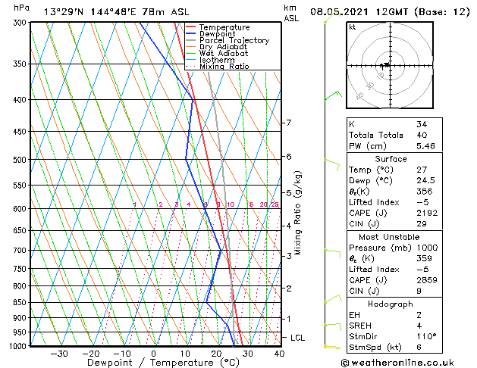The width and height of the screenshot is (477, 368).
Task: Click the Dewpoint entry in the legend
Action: point(218,34)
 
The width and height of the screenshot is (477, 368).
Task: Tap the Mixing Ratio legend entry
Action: point(224,67)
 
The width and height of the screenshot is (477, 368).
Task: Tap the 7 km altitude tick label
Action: point(287,123)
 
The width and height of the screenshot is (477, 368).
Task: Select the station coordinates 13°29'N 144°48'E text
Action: point(84,12)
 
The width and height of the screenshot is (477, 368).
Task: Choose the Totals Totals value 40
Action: point(422,134)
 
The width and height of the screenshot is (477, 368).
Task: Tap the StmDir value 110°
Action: point(428,336)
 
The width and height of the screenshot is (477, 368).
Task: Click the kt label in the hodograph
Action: point(353,27)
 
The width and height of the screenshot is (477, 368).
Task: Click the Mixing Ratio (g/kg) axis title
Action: point(298,213)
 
